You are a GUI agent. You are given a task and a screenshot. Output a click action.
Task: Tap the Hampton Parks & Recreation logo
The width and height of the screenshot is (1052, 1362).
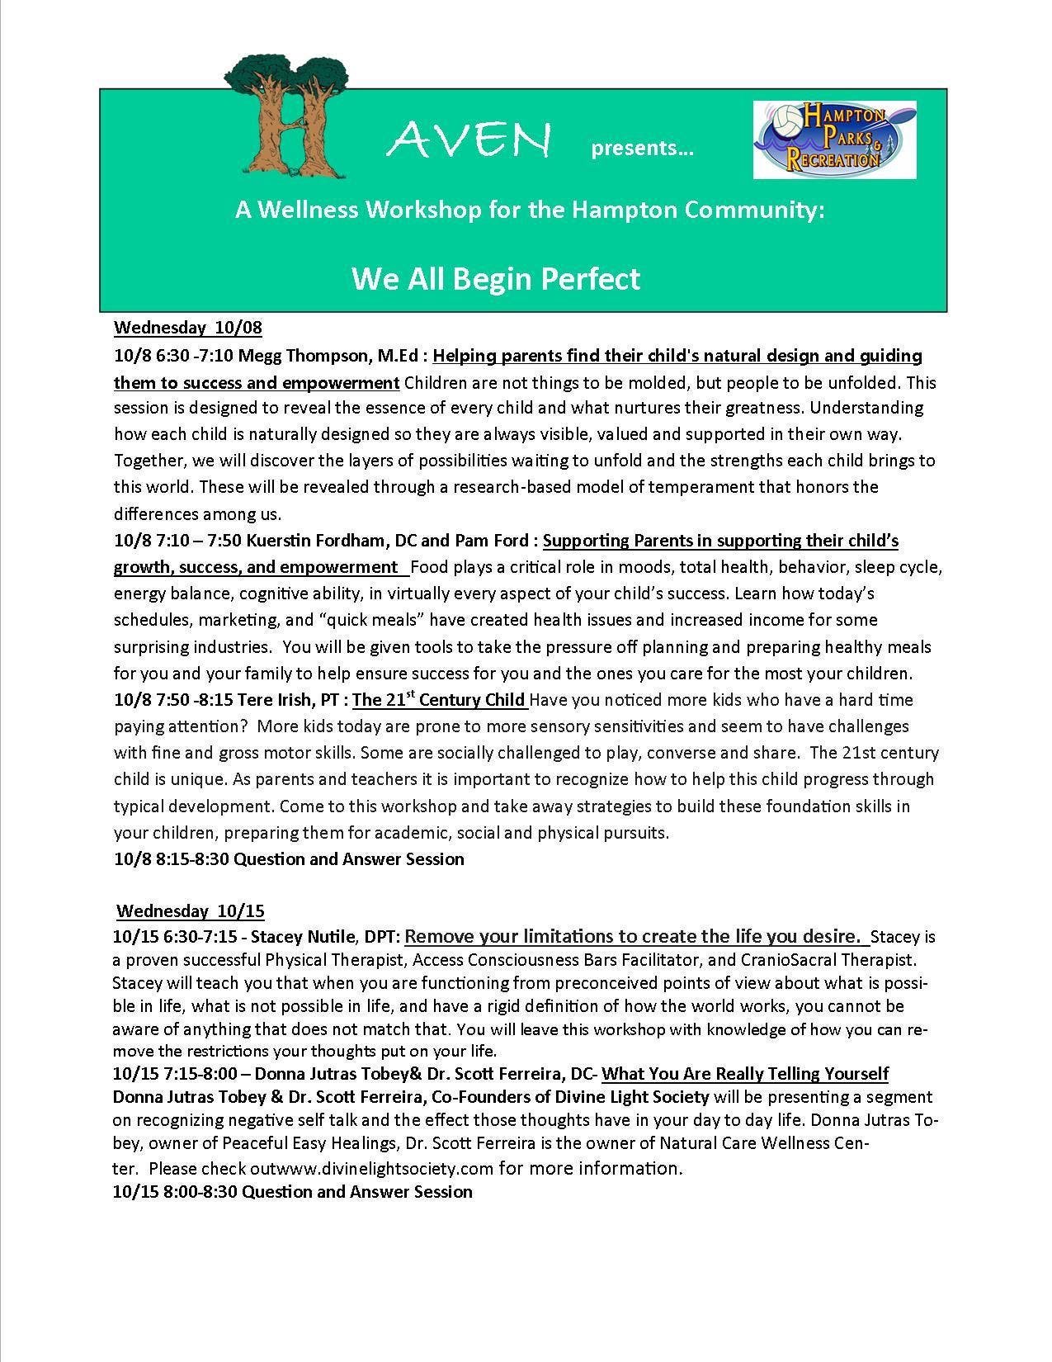click(x=834, y=140)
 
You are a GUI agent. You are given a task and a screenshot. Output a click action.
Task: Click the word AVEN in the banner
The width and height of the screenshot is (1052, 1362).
click(x=467, y=141)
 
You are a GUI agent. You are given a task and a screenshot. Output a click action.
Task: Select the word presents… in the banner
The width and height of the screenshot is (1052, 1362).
click(x=643, y=149)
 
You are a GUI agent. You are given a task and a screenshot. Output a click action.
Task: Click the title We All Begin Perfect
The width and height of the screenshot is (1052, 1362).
click(x=496, y=278)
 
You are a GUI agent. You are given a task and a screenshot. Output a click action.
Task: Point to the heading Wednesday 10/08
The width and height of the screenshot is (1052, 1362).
click(x=188, y=328)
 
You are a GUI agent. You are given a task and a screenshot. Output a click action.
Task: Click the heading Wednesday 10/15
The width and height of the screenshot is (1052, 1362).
click(x=191, y=911)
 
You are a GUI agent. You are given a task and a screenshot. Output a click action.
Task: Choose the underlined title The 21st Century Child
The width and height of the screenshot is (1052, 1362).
click(x=439, y=700)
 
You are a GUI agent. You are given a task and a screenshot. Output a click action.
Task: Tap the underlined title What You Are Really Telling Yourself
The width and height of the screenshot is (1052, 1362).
click(x=745, y=1074)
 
